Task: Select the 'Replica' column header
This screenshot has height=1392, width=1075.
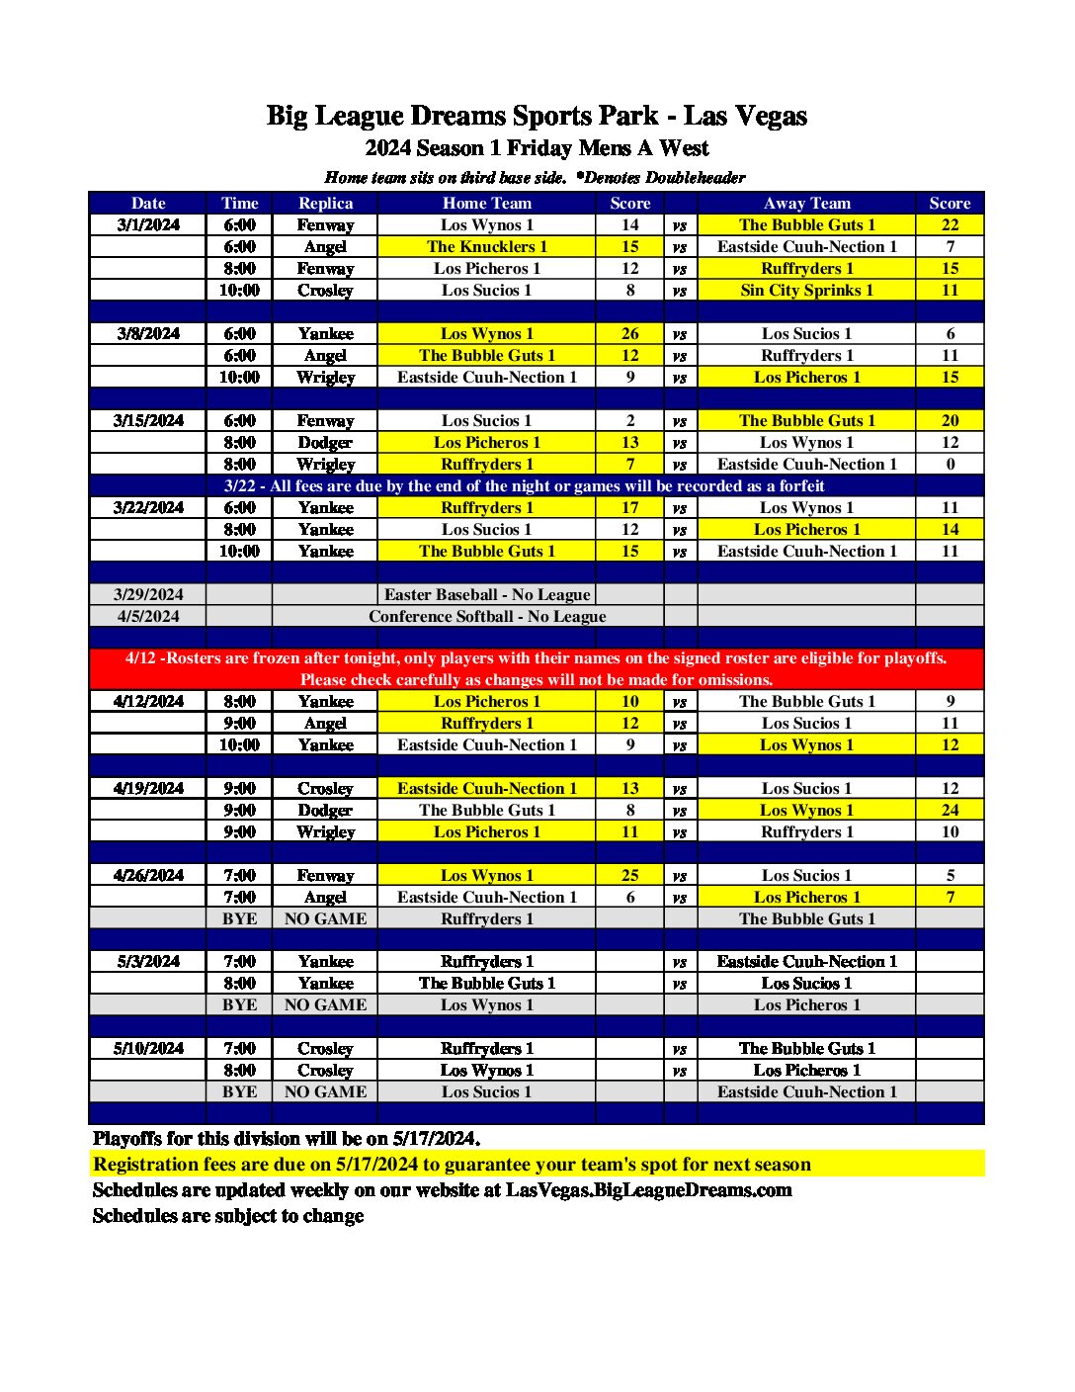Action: click(x=325, y=203)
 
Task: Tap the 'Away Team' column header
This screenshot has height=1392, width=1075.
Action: click(x=806, y=203)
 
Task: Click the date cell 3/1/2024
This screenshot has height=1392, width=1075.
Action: click(x=148, y=224)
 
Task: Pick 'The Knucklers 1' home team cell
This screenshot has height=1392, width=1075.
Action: click(x=486, y=246)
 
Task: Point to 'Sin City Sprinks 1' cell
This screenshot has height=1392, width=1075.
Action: click(x=806, y=290)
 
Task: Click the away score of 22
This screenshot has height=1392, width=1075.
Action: click(x=950, y=224)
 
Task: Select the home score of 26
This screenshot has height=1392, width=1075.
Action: click(x=629, y=333)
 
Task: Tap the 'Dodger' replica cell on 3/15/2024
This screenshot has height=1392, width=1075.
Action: click(x=325, y=442)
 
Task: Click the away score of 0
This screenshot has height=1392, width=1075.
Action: click(x=950, y=464)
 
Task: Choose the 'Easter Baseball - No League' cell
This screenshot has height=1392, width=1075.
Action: click(x=486, y=594)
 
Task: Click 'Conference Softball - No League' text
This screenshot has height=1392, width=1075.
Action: click(x=487, y=616)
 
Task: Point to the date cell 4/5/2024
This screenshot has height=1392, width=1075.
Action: click(x=148, y=616)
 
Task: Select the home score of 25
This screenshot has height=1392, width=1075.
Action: click(x=629, y=875)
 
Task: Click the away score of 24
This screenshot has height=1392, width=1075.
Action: click(x=950, y=810)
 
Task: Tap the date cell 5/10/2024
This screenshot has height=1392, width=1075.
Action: click(x=148, y=1048)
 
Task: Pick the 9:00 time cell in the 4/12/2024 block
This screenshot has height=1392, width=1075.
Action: click(x=239, y=723)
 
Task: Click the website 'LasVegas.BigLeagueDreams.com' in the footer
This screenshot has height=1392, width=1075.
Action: click(x=648, y=1189)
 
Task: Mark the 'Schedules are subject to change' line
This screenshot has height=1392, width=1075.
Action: click(x=228, y=1215)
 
